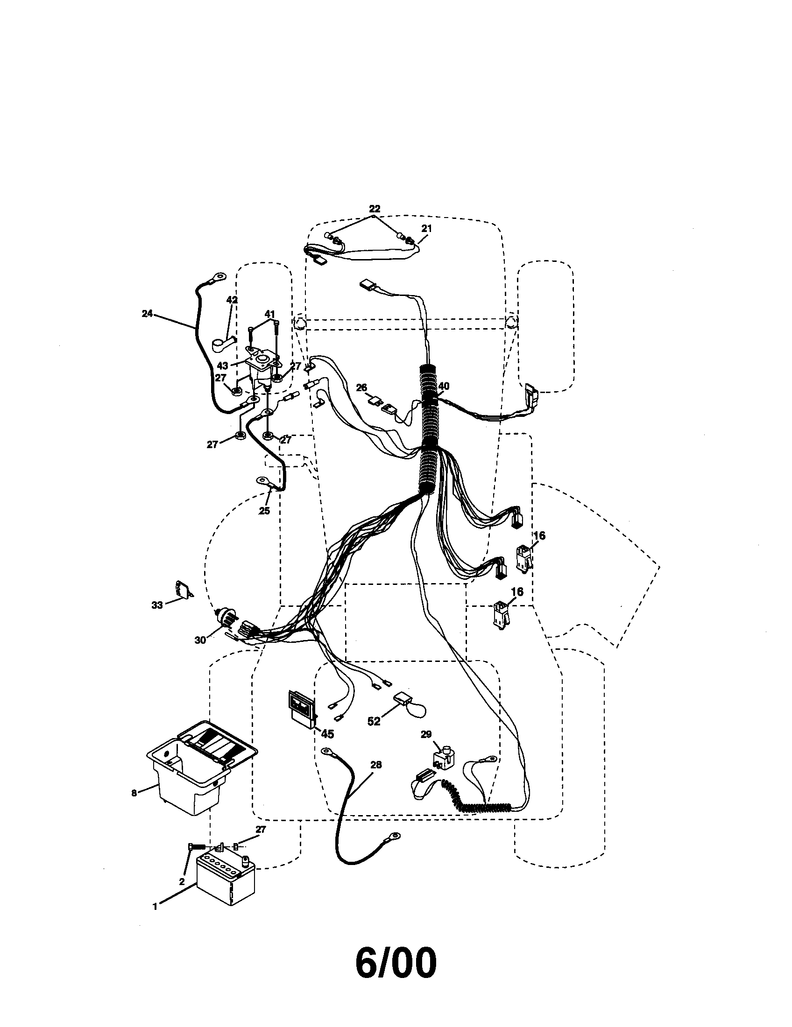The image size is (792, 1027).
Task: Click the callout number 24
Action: [147, 314]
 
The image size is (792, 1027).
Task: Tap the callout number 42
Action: [232, 300]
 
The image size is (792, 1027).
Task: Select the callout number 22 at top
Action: [375, 209]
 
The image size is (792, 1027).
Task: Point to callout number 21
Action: [426, 228]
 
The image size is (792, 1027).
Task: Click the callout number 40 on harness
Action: [444, 386]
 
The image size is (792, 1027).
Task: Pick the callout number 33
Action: [156, 605]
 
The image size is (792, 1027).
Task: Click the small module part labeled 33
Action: [183, 589]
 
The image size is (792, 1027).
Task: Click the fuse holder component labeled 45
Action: [302, 709]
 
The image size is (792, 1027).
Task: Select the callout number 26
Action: [361, 387]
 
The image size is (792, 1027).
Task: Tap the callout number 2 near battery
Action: [182, 881]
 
